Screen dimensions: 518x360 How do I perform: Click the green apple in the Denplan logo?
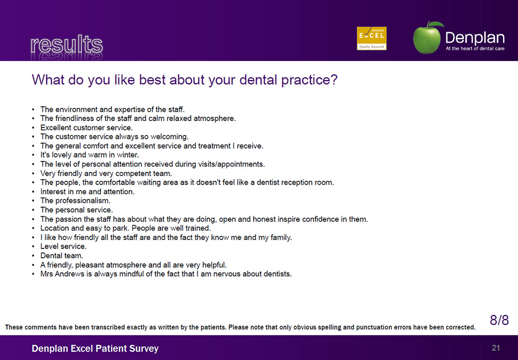click(427, 38)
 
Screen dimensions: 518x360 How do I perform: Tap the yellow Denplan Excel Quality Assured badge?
click(372, 38)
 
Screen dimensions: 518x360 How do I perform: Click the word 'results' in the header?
click(66, 44)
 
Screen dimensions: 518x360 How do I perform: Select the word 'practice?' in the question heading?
click(310, 80)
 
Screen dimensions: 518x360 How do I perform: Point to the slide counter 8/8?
click(499, 320)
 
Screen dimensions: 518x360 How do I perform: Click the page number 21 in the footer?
click(496, 348)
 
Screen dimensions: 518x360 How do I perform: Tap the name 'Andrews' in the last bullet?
click(69, 274)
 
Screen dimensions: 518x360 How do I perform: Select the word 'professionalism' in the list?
click(82, 201)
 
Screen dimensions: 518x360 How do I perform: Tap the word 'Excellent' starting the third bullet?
click(55, 128)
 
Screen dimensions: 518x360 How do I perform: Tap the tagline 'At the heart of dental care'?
click(475, 48)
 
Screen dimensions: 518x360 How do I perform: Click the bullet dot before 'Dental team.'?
click(33, 256)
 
